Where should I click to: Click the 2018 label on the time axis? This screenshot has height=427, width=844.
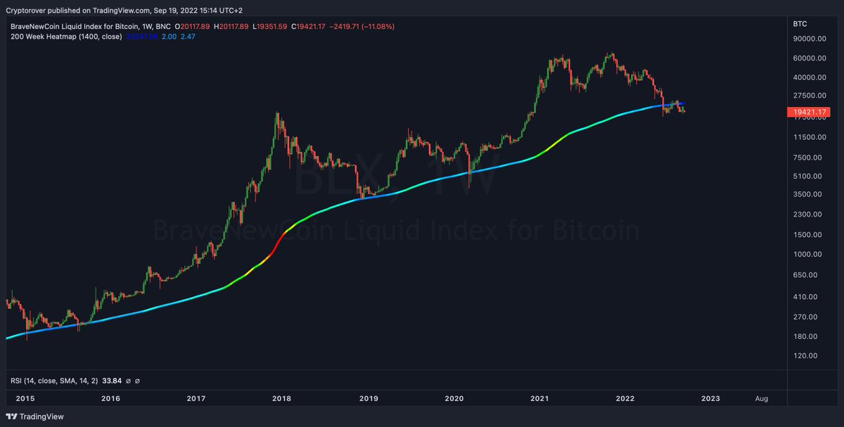click(281, 398)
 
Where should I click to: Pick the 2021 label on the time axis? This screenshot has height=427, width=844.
click(539, 398)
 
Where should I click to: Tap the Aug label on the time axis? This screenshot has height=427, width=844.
click(761, 398)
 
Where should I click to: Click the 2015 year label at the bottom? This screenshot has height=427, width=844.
click(25, 398)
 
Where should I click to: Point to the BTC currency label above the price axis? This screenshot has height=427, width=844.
click(800, 23)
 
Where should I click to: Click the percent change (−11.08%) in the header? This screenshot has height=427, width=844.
click(378, 27)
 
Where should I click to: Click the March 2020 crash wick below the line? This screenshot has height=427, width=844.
click(468, 187)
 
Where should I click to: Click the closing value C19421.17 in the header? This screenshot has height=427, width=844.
click(316, 27)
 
